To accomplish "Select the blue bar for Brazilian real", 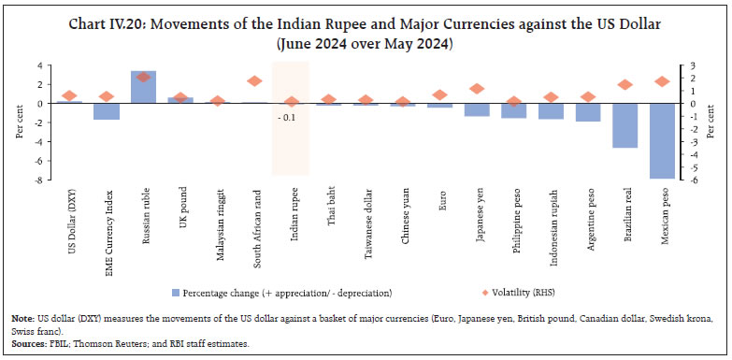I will [x=625, y=125].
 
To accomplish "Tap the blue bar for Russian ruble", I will [x=143, y=87].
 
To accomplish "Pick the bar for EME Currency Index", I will [x=107, y=111].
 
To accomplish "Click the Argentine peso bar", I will [x=587, y=112].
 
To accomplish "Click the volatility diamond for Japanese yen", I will [x=477, y=89].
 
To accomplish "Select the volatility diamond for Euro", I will [x=439, y=94].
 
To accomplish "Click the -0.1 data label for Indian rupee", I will [x=284, y=116].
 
